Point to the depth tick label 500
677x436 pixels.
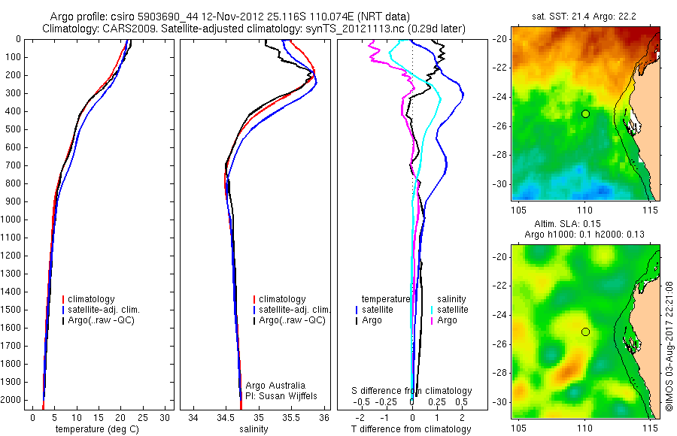[x=14, y=129]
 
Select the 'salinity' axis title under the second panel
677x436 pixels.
[x=253, y=429]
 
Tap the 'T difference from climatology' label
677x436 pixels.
[x=411, y=429]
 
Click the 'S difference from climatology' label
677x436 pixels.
[x=412, y=391]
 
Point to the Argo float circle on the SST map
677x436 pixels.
[x=585, y=114]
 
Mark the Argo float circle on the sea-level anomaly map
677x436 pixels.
[x=585, y=332]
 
